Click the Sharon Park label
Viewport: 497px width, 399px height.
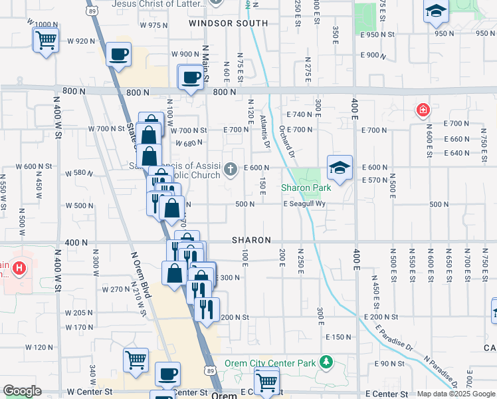coord(306,188)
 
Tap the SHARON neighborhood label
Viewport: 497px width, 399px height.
coord(251,240)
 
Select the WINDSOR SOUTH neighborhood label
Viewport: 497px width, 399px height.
coord(228,23)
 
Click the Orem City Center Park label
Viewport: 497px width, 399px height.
coord(270,363)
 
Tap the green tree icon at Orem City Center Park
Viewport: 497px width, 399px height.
coord(326,362)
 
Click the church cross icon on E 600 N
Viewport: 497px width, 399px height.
coord(231,168)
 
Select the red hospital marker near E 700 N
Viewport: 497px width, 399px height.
coord(422,110)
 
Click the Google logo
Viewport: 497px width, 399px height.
coord(22,391)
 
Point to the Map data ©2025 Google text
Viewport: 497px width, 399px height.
coord(456,394)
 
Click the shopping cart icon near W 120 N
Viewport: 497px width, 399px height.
coord(136,359)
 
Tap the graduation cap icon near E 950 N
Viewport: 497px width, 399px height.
coord(436,10)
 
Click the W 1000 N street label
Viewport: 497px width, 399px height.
coord(44,24)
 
